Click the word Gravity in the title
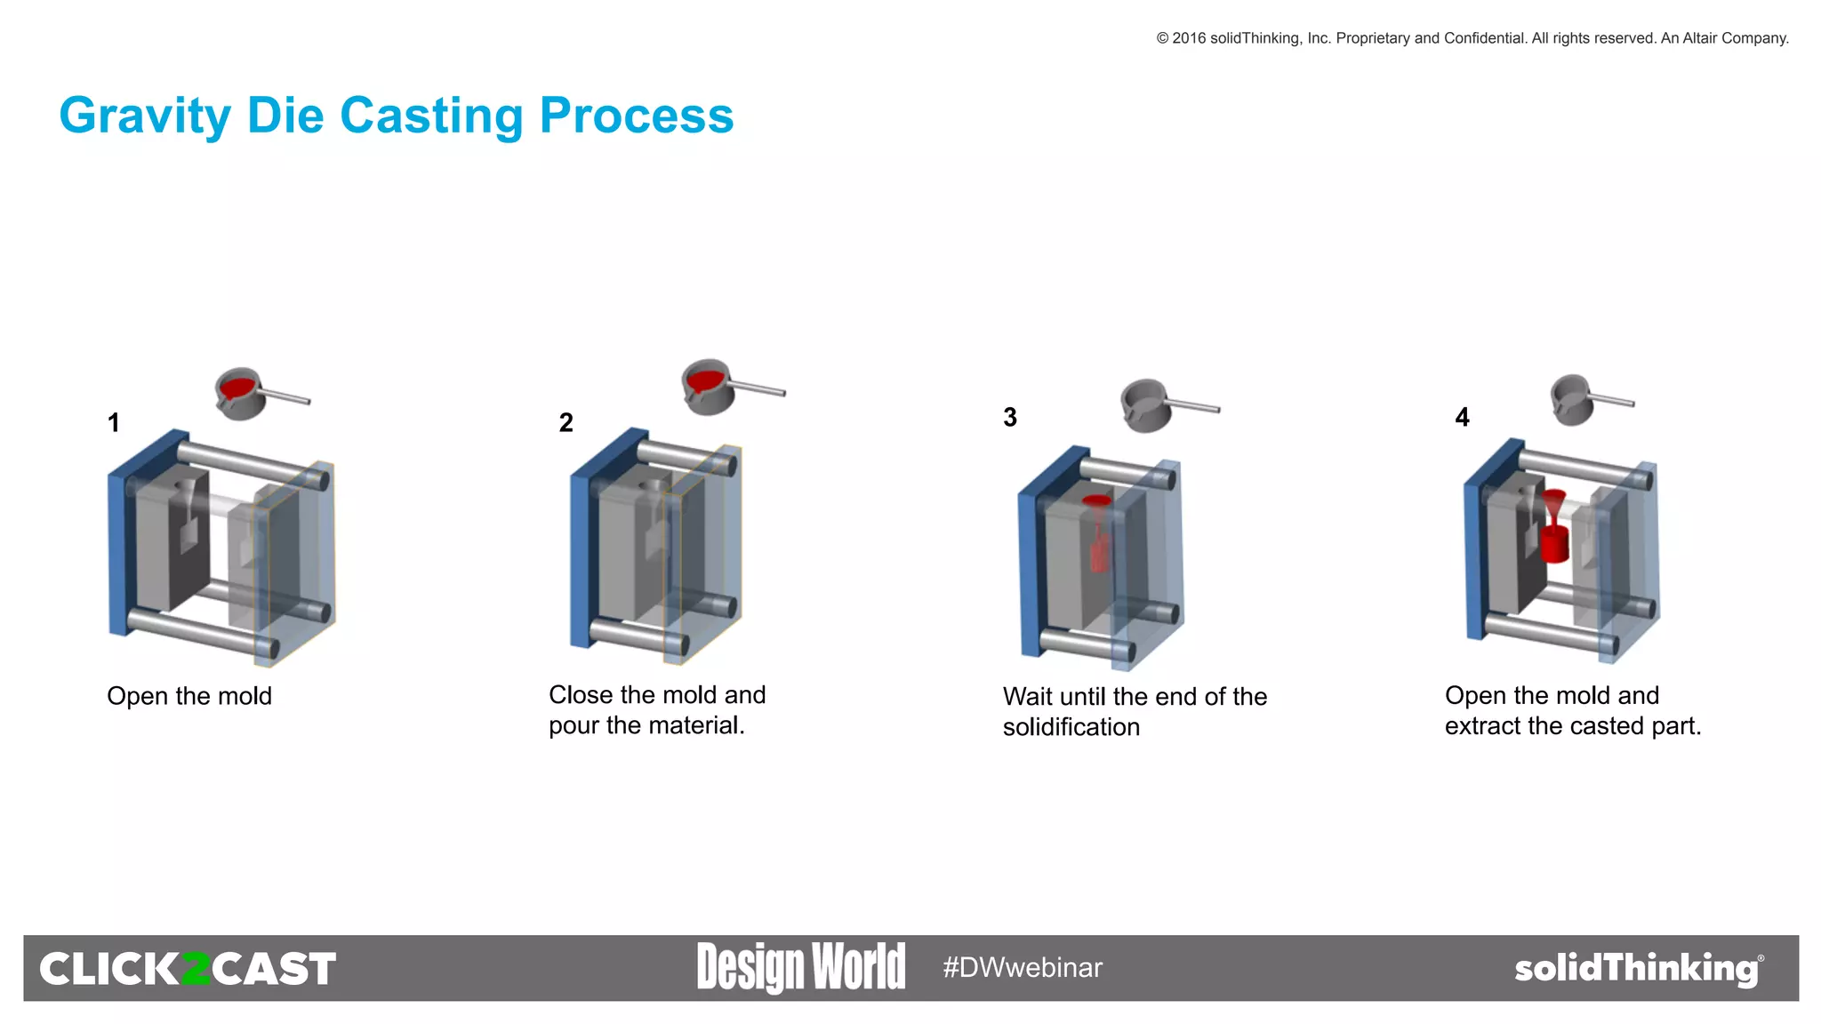[145, 116]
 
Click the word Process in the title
[637, 116]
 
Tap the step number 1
[114, 422]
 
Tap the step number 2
[566, 422]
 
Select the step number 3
[1010, 417]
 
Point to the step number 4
[1462, 417]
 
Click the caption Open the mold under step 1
[189, 696]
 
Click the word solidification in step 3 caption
[1071, 727]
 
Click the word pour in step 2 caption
[574, 725]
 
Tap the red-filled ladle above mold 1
[240, 392]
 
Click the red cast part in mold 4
[1554, 542]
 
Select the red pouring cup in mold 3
[1096, 501]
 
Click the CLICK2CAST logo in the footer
[188, 969]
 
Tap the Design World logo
[800, 967]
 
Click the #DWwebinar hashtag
[1023, 967]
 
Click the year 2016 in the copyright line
[1189, 38]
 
